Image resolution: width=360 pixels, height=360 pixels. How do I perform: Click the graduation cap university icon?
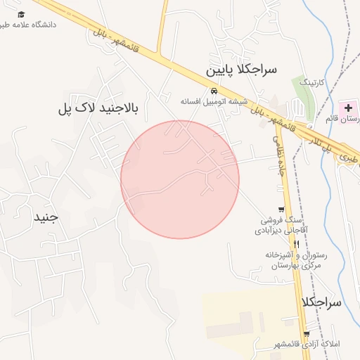[x=21, y=14]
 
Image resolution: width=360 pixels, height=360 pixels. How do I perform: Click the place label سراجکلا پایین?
[x=242, y=70]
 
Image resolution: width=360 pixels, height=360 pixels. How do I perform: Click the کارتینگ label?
[x=313, y=82]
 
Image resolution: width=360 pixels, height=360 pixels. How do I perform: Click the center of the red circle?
[x=180, y=179]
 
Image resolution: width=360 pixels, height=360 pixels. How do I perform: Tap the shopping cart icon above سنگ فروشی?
[x=281, y=209]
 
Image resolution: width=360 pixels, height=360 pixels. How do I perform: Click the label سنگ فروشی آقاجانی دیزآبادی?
[x=285, y=224]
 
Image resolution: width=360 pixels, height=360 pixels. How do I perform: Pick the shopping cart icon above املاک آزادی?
[x=306, y=333]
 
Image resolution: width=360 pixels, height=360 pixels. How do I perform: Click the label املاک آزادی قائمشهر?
[x=305, y=344]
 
